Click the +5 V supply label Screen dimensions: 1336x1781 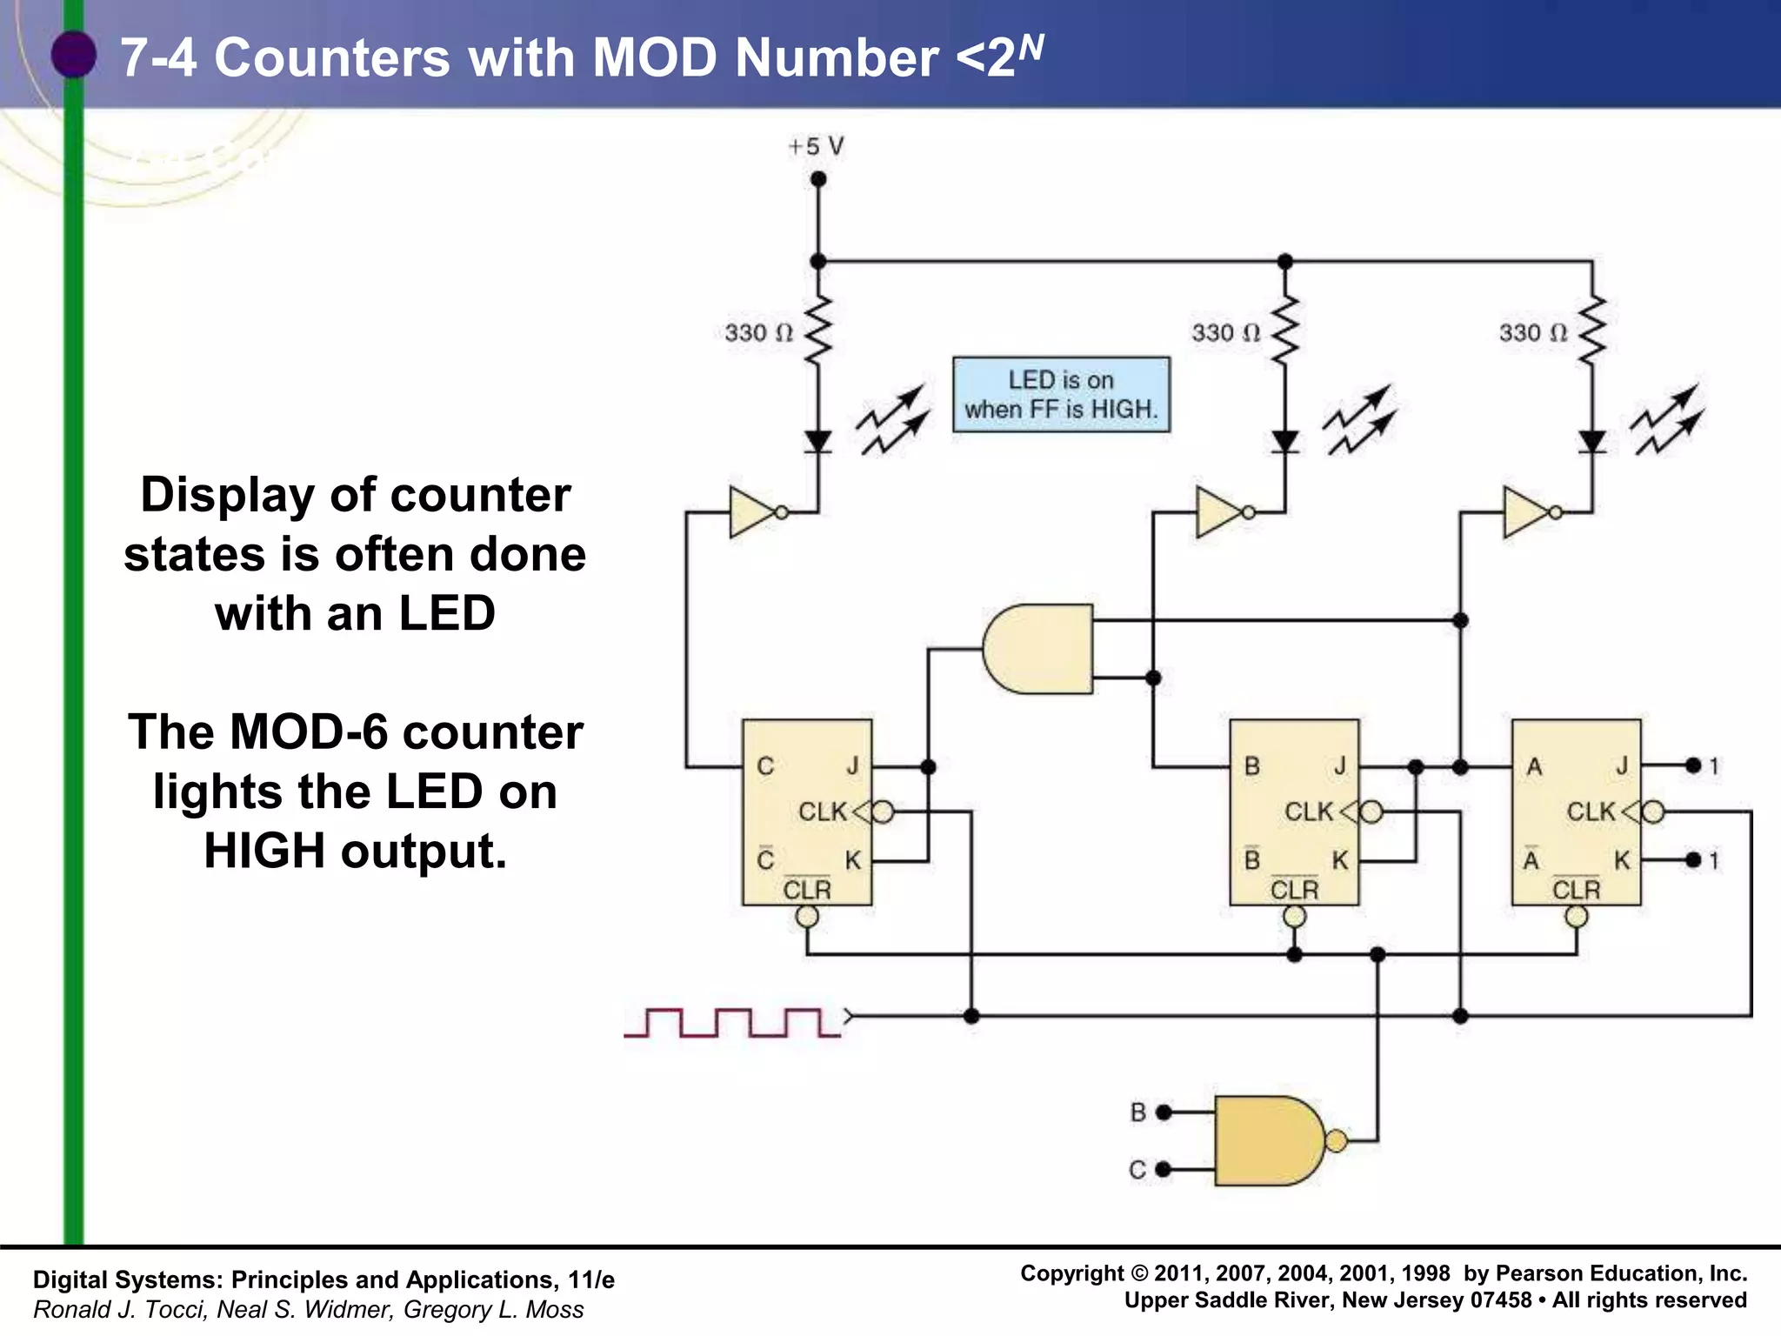click(815, 146)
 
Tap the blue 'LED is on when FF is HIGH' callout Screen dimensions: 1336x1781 click(1061, 394)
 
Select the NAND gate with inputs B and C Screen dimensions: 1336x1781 click(1269, 1140)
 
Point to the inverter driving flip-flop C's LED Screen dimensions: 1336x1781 click(753, 512)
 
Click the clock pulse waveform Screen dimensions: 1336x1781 click(732, 1022)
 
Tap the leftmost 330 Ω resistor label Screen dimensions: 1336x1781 click(758, 333)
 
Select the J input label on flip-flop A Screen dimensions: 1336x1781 click(1621, 765)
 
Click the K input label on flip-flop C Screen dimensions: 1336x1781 click(852, 860)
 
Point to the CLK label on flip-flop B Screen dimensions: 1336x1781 click(1309, 812)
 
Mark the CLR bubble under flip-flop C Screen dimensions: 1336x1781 click(807, 917)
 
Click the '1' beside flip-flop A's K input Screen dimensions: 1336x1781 click(1713, 860)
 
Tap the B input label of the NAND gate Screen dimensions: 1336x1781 click(1137, 1112)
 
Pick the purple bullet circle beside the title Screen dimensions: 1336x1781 click(74, 54)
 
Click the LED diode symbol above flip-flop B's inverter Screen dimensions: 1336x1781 click(1284, 442)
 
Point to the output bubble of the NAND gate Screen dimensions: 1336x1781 click(1336, 1140)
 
